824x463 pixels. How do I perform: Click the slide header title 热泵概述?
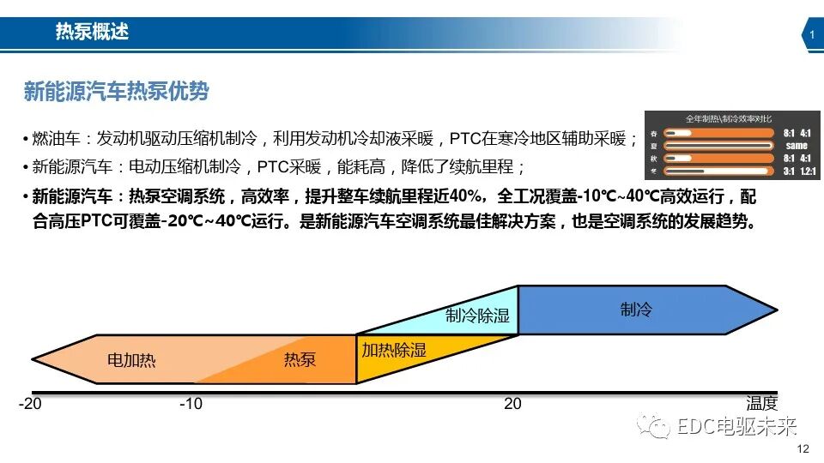coord(92,33)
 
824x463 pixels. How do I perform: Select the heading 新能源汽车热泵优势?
coord(116,91)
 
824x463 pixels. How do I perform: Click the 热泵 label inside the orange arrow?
coord(300,359)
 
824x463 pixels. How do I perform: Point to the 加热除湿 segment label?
coord(393,350)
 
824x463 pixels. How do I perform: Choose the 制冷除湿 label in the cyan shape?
coord(477,316)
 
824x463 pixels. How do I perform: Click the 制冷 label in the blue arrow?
coord(636,310)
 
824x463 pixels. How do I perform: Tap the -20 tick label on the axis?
coord(32,404)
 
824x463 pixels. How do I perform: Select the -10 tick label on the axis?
coord(191,404)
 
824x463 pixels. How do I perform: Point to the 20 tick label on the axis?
coord(512,404)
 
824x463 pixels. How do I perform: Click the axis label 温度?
coord(761,404)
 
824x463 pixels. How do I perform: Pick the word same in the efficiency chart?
coord(797,146)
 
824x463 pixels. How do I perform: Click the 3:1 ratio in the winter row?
coord(789,171)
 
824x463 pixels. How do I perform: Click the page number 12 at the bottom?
coord(803,449)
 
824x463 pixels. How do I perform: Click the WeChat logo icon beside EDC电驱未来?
coord(659,426)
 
